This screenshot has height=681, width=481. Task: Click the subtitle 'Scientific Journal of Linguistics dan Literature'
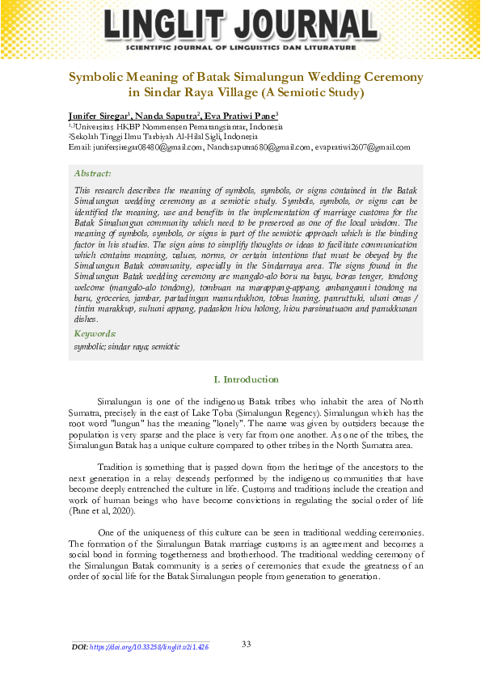pos(240,48)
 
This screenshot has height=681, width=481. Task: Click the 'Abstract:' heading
pos(92,173)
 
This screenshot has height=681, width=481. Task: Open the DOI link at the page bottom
pos(149,648)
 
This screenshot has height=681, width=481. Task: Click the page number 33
pos(247,644)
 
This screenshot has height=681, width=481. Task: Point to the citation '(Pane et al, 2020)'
pos(103,512)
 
